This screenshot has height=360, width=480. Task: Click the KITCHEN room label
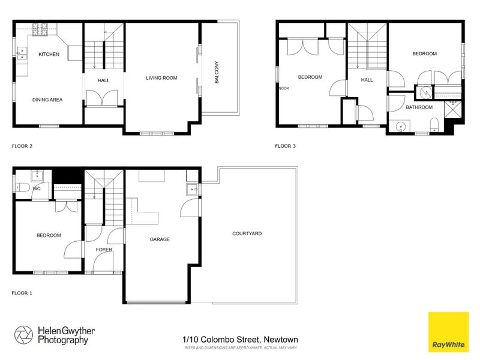tap(49, 55)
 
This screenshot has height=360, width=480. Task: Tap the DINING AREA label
tap(47, 100)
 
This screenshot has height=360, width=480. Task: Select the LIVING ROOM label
tap(161, 77)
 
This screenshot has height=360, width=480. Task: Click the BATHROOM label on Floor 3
tap(419, 107)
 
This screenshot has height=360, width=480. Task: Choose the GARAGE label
tap(160, 239)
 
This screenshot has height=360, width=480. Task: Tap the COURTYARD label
tap(247, 233)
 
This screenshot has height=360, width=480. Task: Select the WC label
tap(37, 188)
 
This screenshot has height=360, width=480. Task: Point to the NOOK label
tap(284, 88)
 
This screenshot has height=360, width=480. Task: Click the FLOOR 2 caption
tap(22, 146)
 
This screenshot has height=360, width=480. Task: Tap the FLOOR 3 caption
tap(286, 146)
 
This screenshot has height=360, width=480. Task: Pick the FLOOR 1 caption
tap(22, 293)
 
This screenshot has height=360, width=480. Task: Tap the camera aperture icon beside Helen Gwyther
tap(24, 335)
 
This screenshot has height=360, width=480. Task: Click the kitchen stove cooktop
tap(40, 27)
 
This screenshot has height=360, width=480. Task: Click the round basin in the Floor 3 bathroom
tap(400, 126)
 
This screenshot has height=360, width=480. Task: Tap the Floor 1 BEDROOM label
tap(49, 235)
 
